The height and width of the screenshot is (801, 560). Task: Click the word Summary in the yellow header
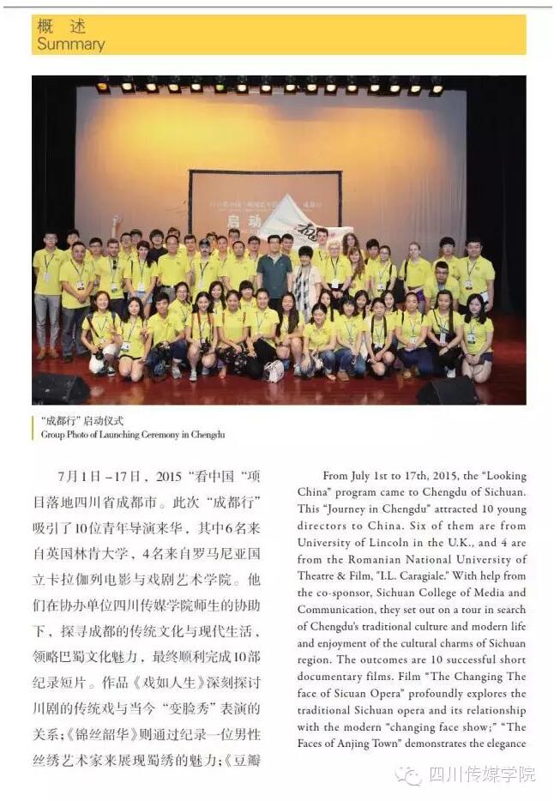tap(70, 44)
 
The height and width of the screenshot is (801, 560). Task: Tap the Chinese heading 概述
tap(61, 26)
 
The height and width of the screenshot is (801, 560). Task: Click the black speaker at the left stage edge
tap(60, 388)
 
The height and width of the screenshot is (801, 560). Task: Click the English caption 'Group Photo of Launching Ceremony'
tap(133, 434)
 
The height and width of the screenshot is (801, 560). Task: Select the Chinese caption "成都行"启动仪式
tap(82, 421)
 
